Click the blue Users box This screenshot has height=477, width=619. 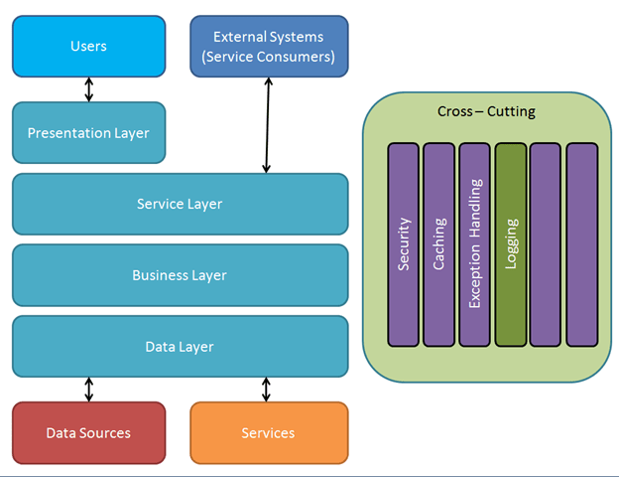click(89, 46)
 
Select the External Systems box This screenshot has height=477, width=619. click(268, 46)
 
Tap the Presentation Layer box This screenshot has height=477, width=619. click(89, 132)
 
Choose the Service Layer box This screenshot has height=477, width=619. click(180, 204)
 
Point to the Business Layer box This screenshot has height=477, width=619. click(180, 275)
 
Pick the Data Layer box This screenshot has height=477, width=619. click(180, 347)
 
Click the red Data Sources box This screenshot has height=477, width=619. click(89, 432)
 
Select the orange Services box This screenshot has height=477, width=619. click(268, 432)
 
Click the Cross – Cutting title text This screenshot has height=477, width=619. click(486, 111)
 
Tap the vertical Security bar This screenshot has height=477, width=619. click(404, 244)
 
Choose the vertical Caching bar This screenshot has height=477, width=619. click(439, 244)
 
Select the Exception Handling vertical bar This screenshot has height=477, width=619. click(475, 244)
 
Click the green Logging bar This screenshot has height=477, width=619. click(511, 244)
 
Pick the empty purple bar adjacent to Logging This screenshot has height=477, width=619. click(547, 244)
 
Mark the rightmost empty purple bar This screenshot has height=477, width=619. click(582, 244)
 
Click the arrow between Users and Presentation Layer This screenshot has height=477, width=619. click(89, 89)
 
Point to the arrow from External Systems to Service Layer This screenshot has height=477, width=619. click(266, 125)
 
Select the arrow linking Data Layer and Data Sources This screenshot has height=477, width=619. click(89, 389)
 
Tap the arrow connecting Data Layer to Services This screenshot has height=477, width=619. click(266, 389)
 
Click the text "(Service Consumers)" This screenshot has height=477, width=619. click(268, 57)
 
